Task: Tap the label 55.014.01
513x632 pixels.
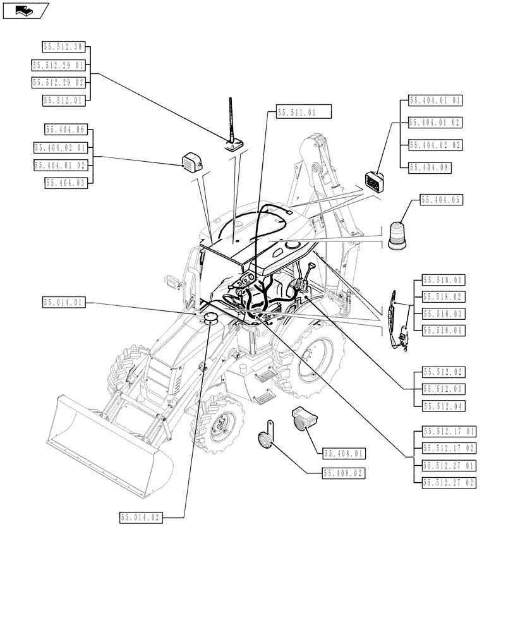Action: [64, 302]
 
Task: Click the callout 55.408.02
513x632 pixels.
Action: [345, 472]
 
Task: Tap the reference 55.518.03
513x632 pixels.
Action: [443, 313]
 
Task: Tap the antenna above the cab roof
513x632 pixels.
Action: [232, 126]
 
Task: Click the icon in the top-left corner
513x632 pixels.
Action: [25, 10]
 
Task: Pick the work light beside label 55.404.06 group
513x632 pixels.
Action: [190, 162]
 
